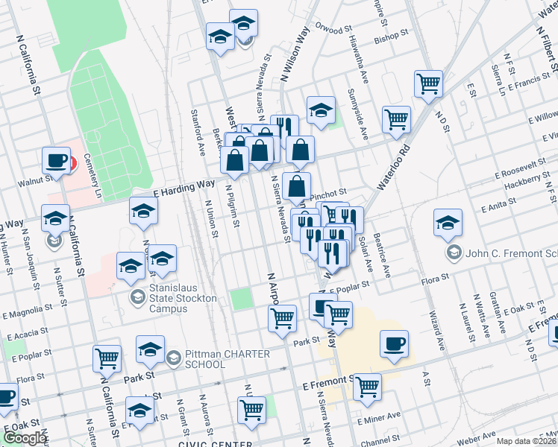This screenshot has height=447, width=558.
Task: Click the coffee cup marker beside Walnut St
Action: coord(56,159)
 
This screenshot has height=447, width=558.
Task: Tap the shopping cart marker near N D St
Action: coord(428,83)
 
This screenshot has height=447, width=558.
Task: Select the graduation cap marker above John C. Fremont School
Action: coord(448,223)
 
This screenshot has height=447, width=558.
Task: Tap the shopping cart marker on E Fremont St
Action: coord(367,387)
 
